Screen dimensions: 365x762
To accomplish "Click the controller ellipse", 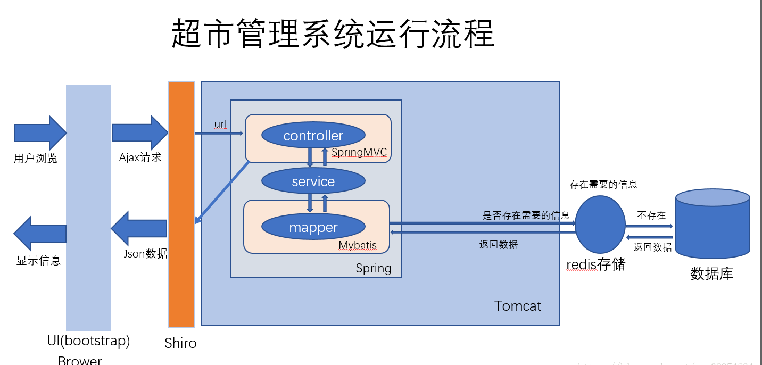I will coord(313,135).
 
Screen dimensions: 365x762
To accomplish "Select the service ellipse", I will coord(313,181).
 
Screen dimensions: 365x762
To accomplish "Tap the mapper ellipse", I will coord(313,227).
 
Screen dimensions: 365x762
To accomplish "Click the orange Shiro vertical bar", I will coord(181,204).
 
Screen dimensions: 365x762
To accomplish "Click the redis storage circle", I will coord(600,225).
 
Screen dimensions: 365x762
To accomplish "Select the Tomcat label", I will coord(517,306).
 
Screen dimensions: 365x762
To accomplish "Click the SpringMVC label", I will coord(359,152).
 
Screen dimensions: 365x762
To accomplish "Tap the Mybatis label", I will coord(358,245).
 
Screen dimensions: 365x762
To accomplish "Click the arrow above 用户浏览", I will coord(40,132).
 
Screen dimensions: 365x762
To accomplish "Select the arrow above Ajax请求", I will coord(139,132).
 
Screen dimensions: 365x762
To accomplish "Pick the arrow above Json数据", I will coord(139,229).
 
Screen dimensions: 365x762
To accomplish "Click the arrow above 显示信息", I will coord(40,233).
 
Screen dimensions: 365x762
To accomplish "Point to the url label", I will coord(220,125).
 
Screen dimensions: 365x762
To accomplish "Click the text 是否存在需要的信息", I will coord(526,215).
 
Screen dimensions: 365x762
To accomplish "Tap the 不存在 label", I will coord(651,215).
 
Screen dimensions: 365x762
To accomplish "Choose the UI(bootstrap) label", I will coord(88,341).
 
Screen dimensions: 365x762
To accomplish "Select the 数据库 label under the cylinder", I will coord(712,274).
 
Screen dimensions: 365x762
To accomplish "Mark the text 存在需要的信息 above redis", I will coord(603,185).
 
